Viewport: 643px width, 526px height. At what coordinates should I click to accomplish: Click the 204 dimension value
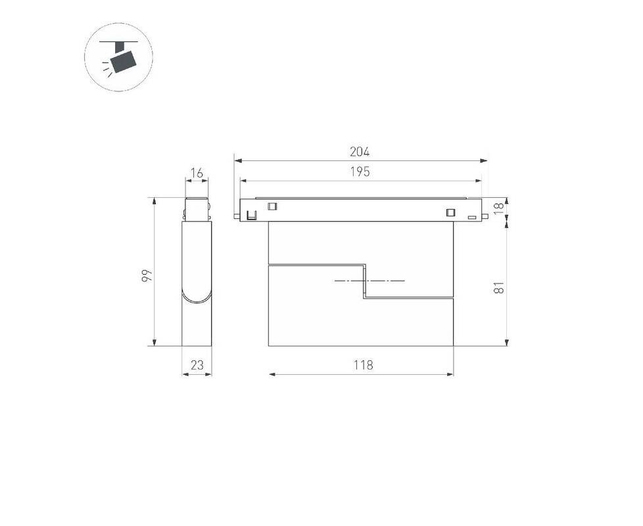360,152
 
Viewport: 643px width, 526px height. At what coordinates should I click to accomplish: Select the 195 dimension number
360,172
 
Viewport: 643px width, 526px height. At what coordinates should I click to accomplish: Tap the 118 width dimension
364,364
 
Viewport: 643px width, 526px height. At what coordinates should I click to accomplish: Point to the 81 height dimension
498,287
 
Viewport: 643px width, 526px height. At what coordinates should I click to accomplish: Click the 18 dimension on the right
498,208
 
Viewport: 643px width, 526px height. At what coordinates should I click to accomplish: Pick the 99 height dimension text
147,275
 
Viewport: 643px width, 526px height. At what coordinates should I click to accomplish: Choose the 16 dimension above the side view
197,174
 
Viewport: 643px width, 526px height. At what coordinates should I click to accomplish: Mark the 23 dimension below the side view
197,364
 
